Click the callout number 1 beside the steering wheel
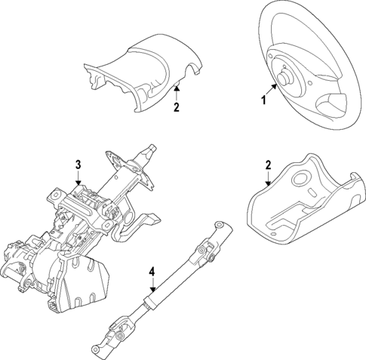[x=263, y=99]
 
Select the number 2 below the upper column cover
[x=176, y=107]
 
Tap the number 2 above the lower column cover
[x=269, y=165]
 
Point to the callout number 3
[x=77, y=164]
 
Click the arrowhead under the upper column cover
[x=176, y=88]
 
